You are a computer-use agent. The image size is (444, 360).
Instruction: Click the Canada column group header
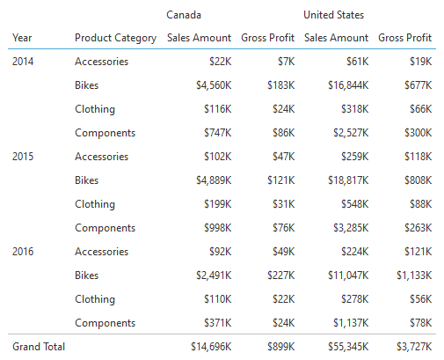click(184, 15)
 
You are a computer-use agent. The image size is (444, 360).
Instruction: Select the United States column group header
click(333, 15)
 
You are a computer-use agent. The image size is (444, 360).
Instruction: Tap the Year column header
click(22, 38)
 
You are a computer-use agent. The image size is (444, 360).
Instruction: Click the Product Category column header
click(116, 38)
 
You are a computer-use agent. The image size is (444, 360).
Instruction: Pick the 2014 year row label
click(23, 62)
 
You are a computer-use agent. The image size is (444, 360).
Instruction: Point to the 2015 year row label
click(23, 157)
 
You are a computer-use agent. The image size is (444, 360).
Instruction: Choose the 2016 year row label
click(23, 252)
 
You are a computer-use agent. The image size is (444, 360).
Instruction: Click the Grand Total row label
click(39, 347)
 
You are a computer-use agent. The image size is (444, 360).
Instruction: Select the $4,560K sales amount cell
click(214, 85)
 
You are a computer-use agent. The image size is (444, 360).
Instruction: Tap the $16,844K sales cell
click(348, 85)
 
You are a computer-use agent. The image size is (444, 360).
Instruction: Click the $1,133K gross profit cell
click(414, 276)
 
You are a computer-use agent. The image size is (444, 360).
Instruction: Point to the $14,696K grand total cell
click(211, 347)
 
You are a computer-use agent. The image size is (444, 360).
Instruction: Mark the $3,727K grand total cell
click(414, 347)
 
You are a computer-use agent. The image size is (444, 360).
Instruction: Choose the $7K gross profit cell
click(287, 62)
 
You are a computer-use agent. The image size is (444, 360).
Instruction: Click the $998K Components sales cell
click(218, 228)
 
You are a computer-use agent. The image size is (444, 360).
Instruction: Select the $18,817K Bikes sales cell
click(348, 180)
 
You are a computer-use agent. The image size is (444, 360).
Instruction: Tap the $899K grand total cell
click(281, 347)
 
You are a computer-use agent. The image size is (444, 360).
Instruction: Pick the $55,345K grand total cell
click(348, 347)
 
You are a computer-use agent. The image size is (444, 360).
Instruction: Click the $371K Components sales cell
click(218, 323)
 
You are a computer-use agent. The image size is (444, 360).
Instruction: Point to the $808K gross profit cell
click(419, 180)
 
